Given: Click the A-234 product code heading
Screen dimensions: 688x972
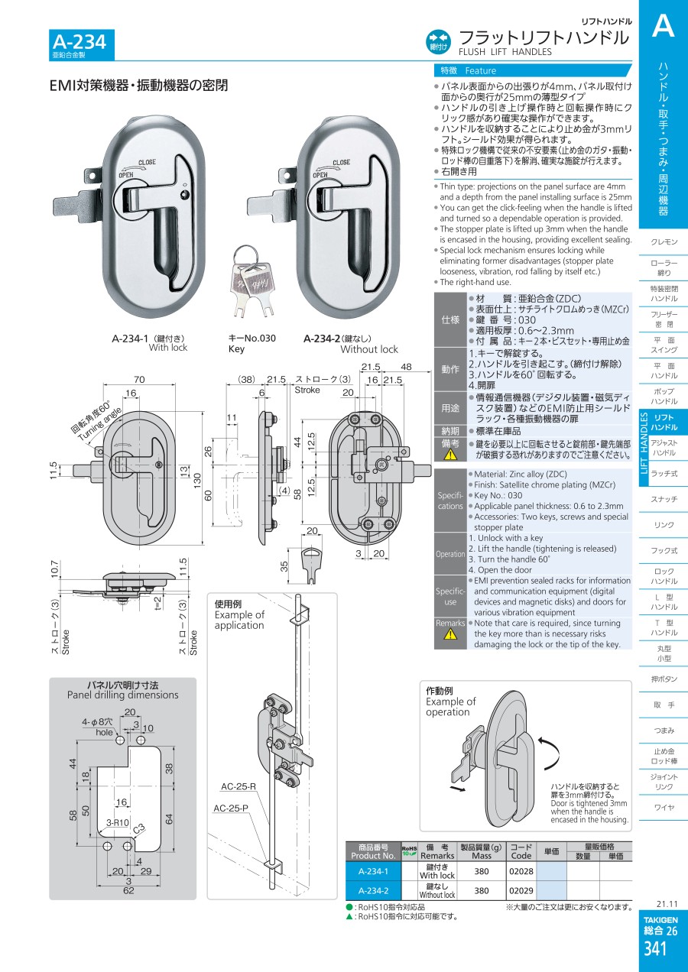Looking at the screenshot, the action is click(79, 42).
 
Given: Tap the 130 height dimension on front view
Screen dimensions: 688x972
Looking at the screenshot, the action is click(197, 481).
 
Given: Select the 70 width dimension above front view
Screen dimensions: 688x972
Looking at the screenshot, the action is click(139, 379).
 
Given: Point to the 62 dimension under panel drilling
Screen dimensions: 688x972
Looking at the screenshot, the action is click(129, 890).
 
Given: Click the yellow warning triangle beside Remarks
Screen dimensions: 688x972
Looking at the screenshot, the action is click(450, 635).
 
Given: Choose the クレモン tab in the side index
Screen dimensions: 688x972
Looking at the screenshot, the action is click(664, 241).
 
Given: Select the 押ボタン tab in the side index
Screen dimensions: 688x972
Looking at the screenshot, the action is click(664, 679).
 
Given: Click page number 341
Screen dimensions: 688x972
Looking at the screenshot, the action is click(655, 948).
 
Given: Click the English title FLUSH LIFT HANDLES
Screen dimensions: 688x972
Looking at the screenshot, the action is click(505, 52).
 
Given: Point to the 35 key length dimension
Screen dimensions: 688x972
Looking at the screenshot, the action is click(284, 567).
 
